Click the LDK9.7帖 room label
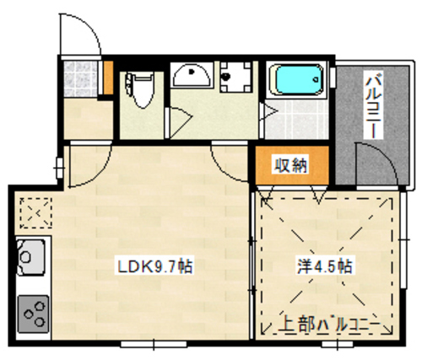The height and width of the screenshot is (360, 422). pyautogui.click(x=154, y=266)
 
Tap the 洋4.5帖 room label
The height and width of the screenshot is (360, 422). pyautogui.click(x=325, y=266)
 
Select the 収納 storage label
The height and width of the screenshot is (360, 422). pyautogui.click(x=291, y=165)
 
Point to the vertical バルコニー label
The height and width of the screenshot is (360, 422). pyautogui.click(x=373, y=105)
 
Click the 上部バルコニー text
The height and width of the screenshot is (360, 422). pyautogui.click(x=329, y=325)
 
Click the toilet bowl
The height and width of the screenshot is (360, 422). pyautogui.click(x=141, y=89)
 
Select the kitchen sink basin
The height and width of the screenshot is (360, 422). pyautogui.click(x=31, y=257)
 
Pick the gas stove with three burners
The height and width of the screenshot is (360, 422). pyautogui.click(x=33, y=314)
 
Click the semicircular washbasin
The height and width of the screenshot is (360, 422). pyautogui.click(x=192, y=74)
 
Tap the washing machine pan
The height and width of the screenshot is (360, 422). pyautogui.click(x=235, y=77)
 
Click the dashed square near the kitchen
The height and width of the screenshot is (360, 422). pyautogui.click(x=35, y=212)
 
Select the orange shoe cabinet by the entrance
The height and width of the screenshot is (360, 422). pyautogui.click(x=108, y=78)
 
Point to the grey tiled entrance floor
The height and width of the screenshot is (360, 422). pyautogui.click(x=80, y=79)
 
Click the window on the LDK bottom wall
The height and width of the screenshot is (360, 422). pyautogui.click(x=154, y=344)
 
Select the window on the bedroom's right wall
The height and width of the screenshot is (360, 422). pyautogui.click(x=403, y=239)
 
